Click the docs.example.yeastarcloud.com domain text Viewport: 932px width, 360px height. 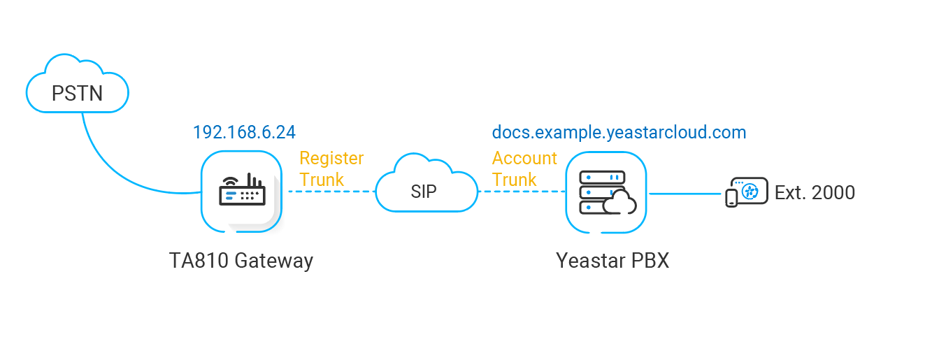click(619, 132)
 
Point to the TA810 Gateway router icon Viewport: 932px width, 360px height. click(241, 191)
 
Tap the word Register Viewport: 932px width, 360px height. click(331, 158)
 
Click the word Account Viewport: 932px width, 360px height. click(524, 158)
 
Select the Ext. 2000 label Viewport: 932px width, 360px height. click(815, 192)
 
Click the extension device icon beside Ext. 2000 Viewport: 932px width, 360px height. click(746, 192)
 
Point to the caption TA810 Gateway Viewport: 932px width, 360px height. click(241, 261)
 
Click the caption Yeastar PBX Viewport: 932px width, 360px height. click(612, 261)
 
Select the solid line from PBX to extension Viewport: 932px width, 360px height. click(685, 193)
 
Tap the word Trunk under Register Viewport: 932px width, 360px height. click(322, 180)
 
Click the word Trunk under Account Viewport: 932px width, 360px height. click(514, 180)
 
